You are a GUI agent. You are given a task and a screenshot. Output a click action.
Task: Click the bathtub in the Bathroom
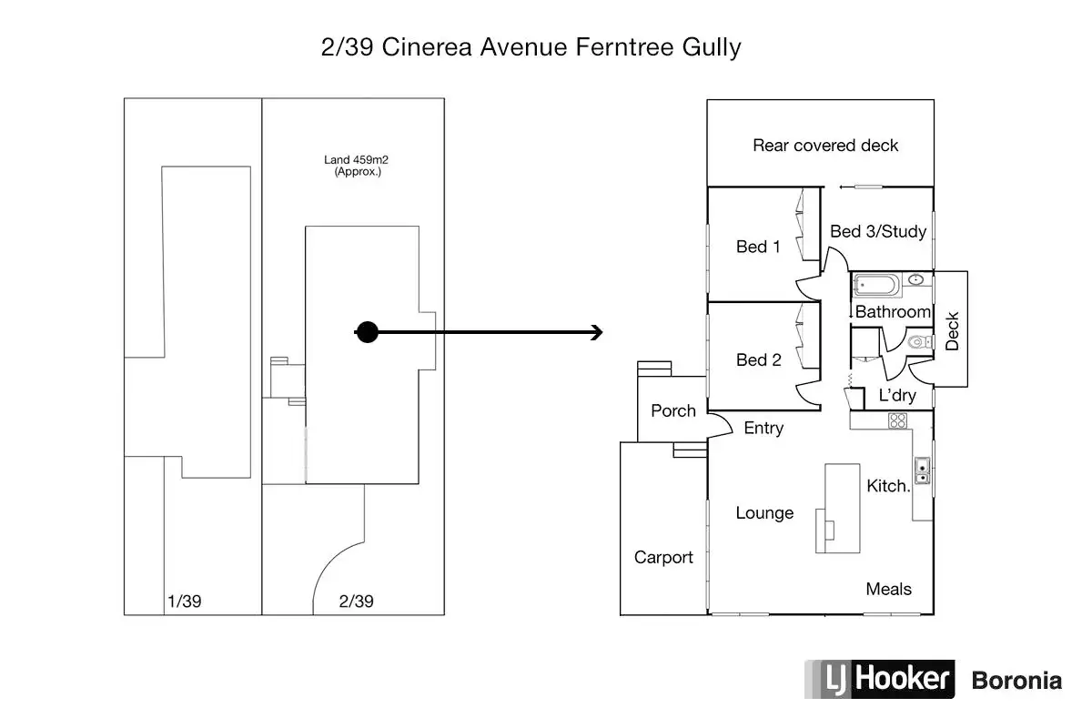click(876, 285)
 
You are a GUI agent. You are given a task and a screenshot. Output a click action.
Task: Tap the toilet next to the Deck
click(919, 342)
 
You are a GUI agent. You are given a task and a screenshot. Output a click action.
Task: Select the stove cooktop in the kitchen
click(897, 420)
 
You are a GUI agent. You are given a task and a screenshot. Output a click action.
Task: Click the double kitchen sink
click(922, 470)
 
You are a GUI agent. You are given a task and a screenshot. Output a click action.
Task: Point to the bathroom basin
click(916, 279)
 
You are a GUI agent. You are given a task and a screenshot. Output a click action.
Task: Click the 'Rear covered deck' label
click(825, 146)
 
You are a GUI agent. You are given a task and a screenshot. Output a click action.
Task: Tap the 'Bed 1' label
click(758, 247)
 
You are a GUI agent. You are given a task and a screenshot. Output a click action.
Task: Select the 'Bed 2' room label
click(759, 359)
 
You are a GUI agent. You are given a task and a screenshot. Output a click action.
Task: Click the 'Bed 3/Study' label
click(878, 231)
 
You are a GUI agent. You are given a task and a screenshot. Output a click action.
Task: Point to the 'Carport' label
click(663, 557)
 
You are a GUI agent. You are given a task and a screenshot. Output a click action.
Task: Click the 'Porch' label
click(673, 410)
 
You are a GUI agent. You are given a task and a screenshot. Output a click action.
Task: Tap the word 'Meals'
click(888, 589)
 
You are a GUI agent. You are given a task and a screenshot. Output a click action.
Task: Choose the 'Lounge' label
click(764, 513)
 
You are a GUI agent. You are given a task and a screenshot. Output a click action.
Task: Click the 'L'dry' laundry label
click(897, 395)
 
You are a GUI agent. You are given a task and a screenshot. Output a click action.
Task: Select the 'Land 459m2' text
click(356, 159)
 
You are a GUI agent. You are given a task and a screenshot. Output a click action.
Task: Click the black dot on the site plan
click(367, 332)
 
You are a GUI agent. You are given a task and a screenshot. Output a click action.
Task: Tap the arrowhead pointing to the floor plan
click(597, 332)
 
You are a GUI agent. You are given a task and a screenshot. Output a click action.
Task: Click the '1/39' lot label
click(184, 602)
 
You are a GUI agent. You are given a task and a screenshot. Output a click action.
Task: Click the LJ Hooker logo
click(879, 679)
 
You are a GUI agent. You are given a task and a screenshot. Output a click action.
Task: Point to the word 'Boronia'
click(1016, 681)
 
